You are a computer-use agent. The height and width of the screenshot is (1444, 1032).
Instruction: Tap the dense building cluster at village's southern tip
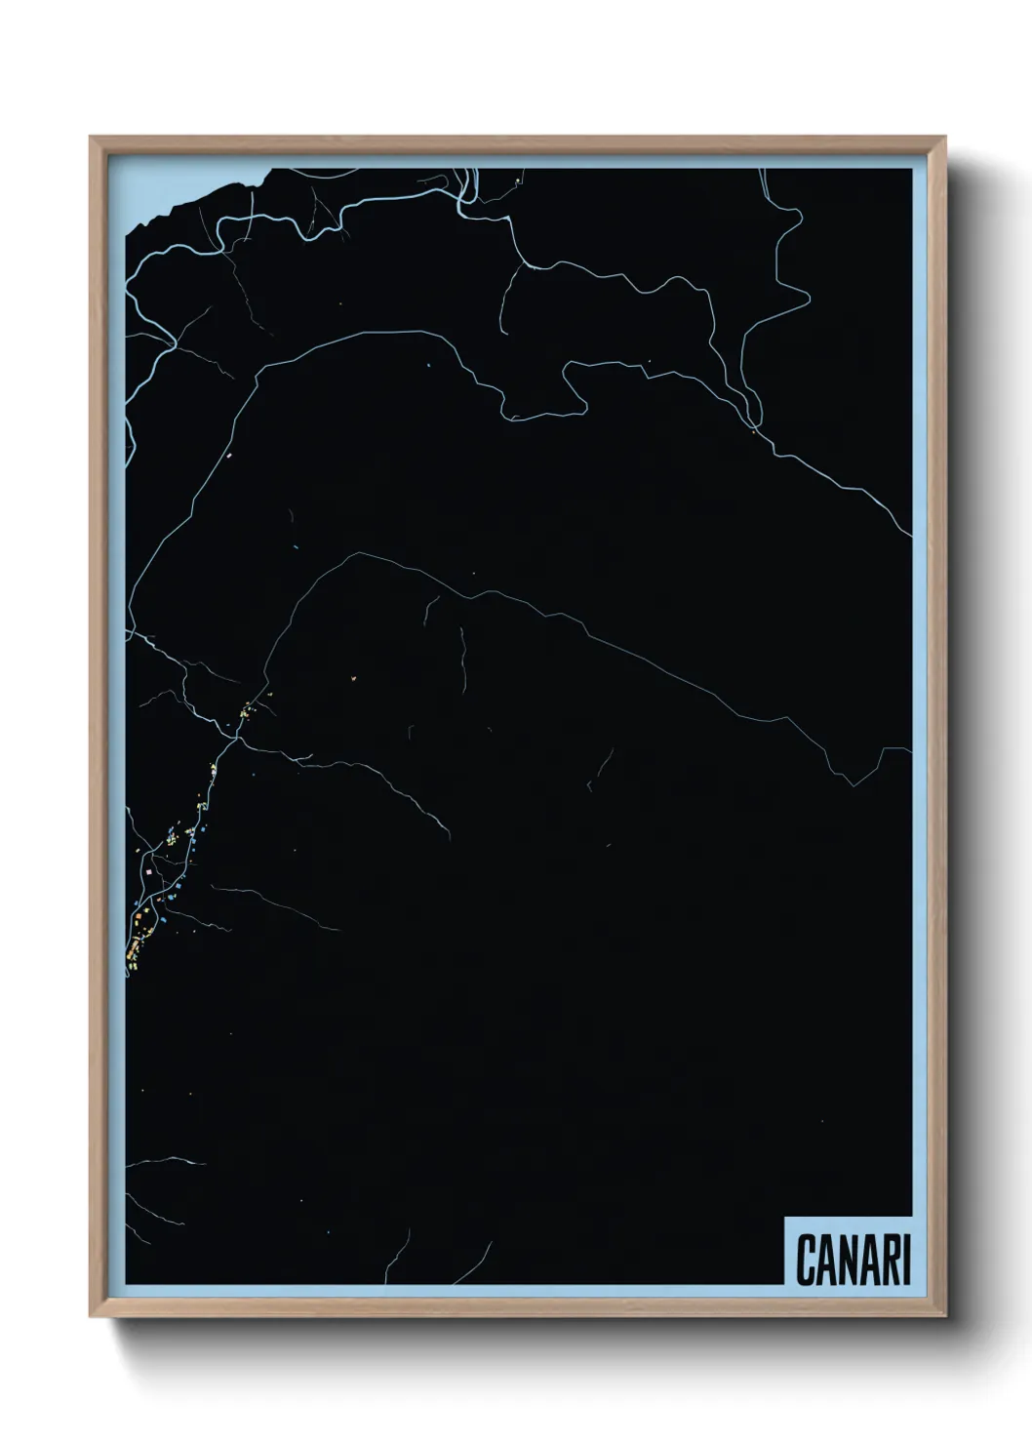point(133,951)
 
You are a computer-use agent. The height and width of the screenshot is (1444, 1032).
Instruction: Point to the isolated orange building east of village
point(353,674)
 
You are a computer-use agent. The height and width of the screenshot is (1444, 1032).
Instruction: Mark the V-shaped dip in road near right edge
point(853,783)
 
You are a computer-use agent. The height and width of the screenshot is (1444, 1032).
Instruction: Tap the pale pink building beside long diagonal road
point(227,456)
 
